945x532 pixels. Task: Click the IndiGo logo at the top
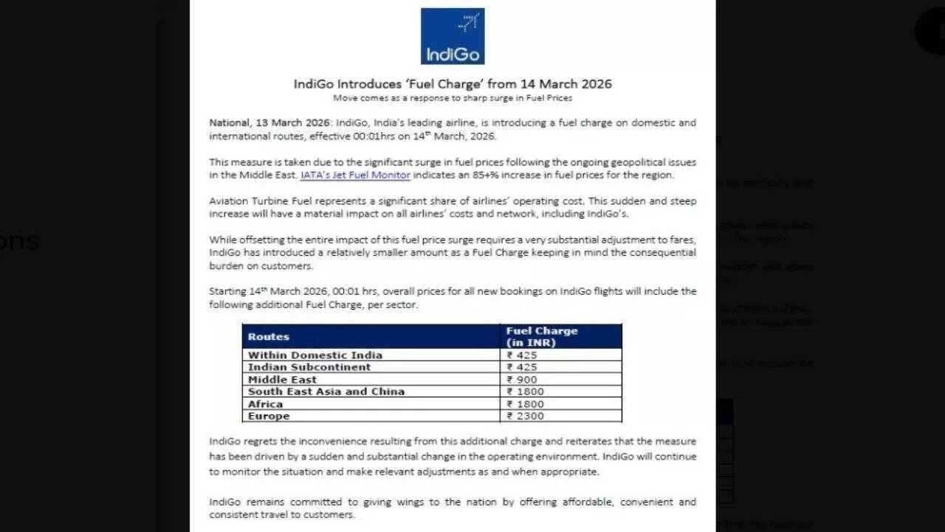(453, 36)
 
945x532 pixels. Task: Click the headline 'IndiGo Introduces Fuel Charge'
(453, 83)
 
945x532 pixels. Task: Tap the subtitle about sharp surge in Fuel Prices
(453, 98)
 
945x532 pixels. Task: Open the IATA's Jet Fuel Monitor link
(355, 175)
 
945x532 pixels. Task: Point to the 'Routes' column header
(269, 336)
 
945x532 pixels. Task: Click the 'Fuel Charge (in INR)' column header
(541, 336)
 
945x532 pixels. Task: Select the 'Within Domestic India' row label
(315, 355)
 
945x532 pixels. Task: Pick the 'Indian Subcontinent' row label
(309, 367)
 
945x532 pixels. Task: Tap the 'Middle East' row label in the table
(282, 380)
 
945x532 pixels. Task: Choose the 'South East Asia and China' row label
(326, 392)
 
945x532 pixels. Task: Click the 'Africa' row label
(265, 404)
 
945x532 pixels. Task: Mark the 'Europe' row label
(269, 416)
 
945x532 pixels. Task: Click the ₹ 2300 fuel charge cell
(525, 416)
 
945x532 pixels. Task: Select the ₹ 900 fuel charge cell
(522, 380)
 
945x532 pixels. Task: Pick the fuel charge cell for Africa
(525, 404)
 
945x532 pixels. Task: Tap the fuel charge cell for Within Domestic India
(522, 355)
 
